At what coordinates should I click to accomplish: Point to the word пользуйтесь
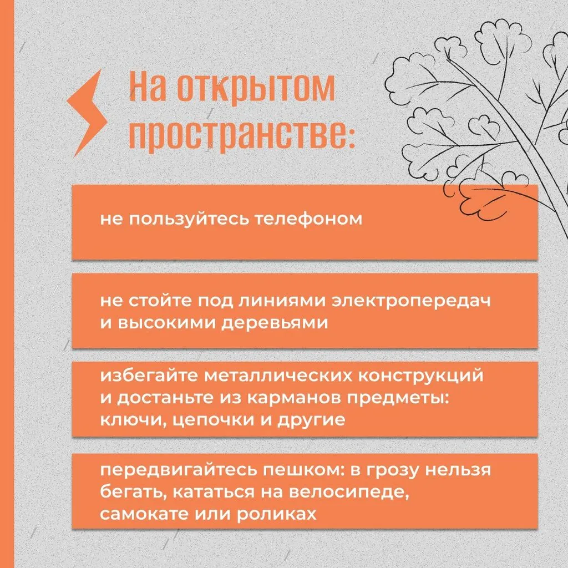[189, 219]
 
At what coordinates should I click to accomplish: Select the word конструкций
[421, 376]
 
